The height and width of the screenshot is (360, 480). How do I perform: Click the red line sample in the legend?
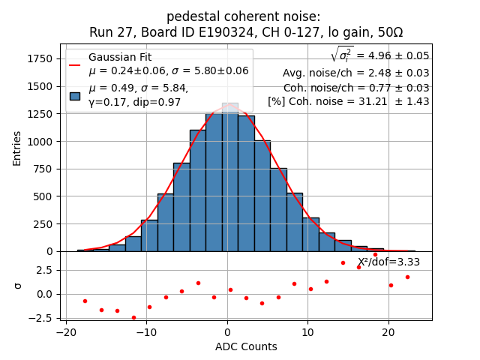[75, 64]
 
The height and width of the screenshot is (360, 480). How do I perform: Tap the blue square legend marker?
[75, 95]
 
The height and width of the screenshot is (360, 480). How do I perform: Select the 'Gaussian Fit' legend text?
[120, 58]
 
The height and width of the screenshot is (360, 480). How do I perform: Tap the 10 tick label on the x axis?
[308, 331]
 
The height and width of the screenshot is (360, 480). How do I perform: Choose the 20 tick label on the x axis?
[388, 331]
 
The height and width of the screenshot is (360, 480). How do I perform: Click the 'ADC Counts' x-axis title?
[246, 346]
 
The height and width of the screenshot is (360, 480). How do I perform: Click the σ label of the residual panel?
[17, 286]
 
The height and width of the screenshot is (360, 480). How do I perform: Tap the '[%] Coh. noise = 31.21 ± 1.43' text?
[348, 101]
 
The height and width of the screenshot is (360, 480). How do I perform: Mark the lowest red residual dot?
[133, 317]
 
